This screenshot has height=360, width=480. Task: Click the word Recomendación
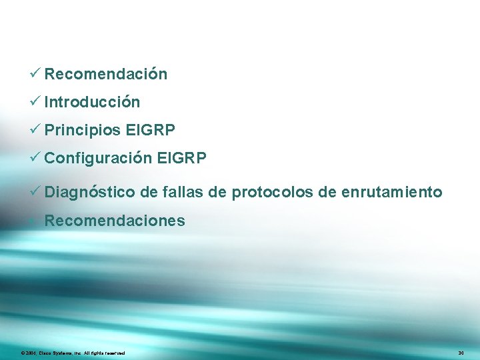pos(105,74)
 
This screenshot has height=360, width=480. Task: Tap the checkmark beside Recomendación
pos(36,73)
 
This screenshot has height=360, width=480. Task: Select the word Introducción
pos(92,102)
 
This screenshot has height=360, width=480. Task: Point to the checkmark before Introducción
pos(36,101)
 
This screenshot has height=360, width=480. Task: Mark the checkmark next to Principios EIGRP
pos(36,129)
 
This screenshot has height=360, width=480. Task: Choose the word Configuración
pos(98,158)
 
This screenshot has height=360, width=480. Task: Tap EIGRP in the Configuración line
pos(182,158)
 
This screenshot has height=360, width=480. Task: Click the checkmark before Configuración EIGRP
pos(36,157)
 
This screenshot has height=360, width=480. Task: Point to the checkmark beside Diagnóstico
pos(36,192)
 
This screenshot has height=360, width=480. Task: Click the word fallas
pos(180,193)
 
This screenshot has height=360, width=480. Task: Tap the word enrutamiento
pos(391,193)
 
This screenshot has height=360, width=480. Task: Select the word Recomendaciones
pos(115,221)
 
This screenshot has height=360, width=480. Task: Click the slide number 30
pos(461,352)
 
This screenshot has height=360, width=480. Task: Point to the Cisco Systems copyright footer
pos(73,352)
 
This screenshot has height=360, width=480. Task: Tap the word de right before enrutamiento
pos(327,193)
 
